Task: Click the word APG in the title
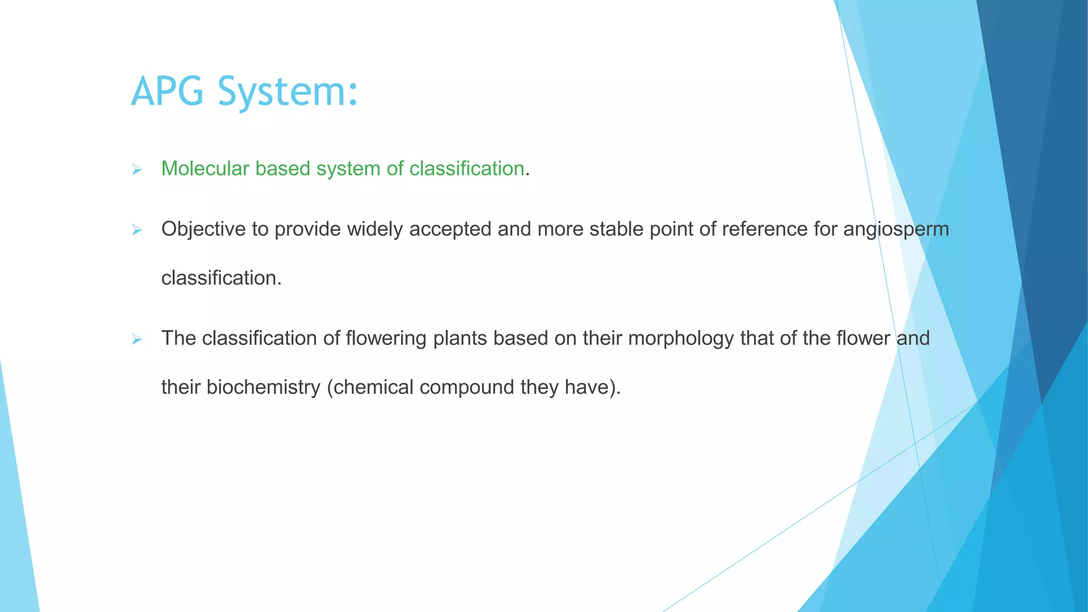pos(167,91)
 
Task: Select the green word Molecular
pos(205,168)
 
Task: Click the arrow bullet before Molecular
pos(137,170)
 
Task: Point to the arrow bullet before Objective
pos(137,230)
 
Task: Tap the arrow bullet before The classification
pos(137,339)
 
